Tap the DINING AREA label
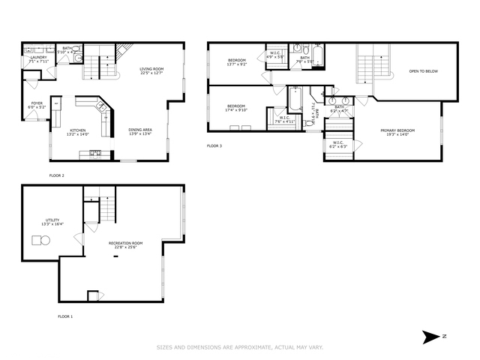coord(139,131)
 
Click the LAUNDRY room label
coord(38,58)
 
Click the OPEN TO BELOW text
coord(423,72)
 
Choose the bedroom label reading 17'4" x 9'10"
coord(237,107)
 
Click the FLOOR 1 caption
coord(66,316)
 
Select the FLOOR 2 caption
coord(56,175)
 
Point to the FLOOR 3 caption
coord(214,145)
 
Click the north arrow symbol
coord(430,337)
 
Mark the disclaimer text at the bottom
coord(239,347)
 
